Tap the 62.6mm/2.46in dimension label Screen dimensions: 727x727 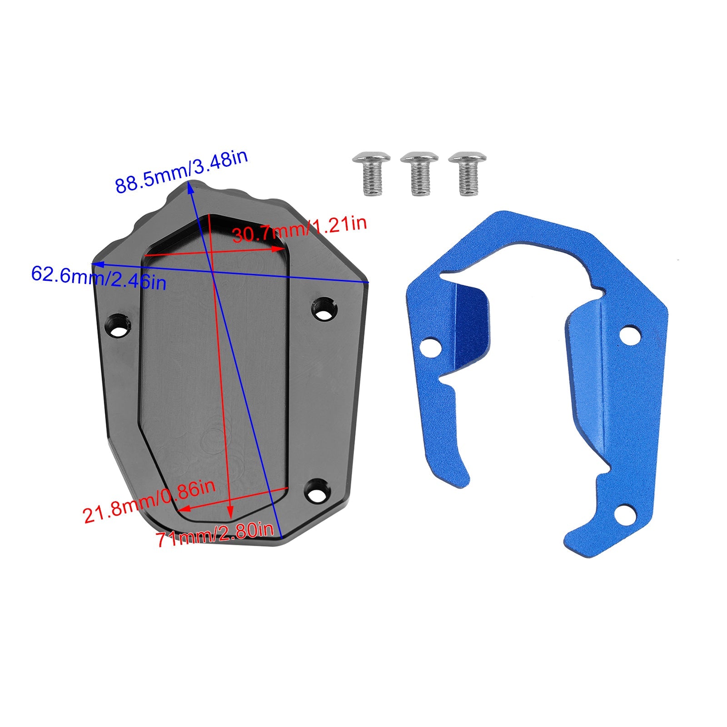99,278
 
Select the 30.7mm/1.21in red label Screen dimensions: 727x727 299,229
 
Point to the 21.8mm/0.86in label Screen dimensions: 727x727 149,500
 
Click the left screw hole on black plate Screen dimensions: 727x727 120,325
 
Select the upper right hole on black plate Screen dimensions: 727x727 324,308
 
